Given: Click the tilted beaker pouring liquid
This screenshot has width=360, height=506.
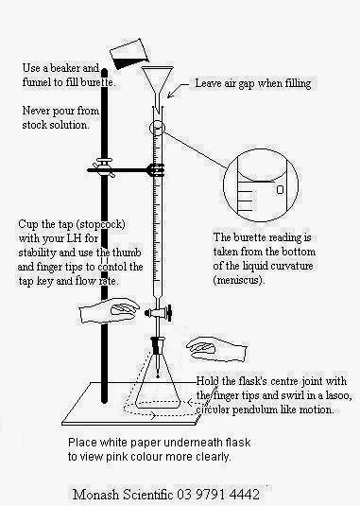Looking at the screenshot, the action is coord(129,53).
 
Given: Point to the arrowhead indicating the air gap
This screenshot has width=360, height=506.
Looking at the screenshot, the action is coord(170,95).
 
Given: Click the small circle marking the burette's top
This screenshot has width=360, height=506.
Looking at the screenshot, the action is coord(157,128).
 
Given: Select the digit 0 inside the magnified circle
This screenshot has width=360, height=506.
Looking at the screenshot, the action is coord(280,189).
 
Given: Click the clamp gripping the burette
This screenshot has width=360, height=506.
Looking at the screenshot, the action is coord(155,169).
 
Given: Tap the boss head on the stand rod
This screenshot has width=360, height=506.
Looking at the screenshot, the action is coord(104,167).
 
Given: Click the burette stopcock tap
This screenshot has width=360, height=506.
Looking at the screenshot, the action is coord(158,312).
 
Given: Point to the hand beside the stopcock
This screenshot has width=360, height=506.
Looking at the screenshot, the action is coord(110,310).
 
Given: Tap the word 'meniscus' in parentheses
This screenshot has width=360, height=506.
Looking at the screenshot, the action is coord(238,279).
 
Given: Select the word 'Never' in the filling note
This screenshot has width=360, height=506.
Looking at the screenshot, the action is coord(36,111).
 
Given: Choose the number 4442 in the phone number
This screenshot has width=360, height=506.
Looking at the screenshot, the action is coord(245,495).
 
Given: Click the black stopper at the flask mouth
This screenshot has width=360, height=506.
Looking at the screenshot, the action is coord(157,347).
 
